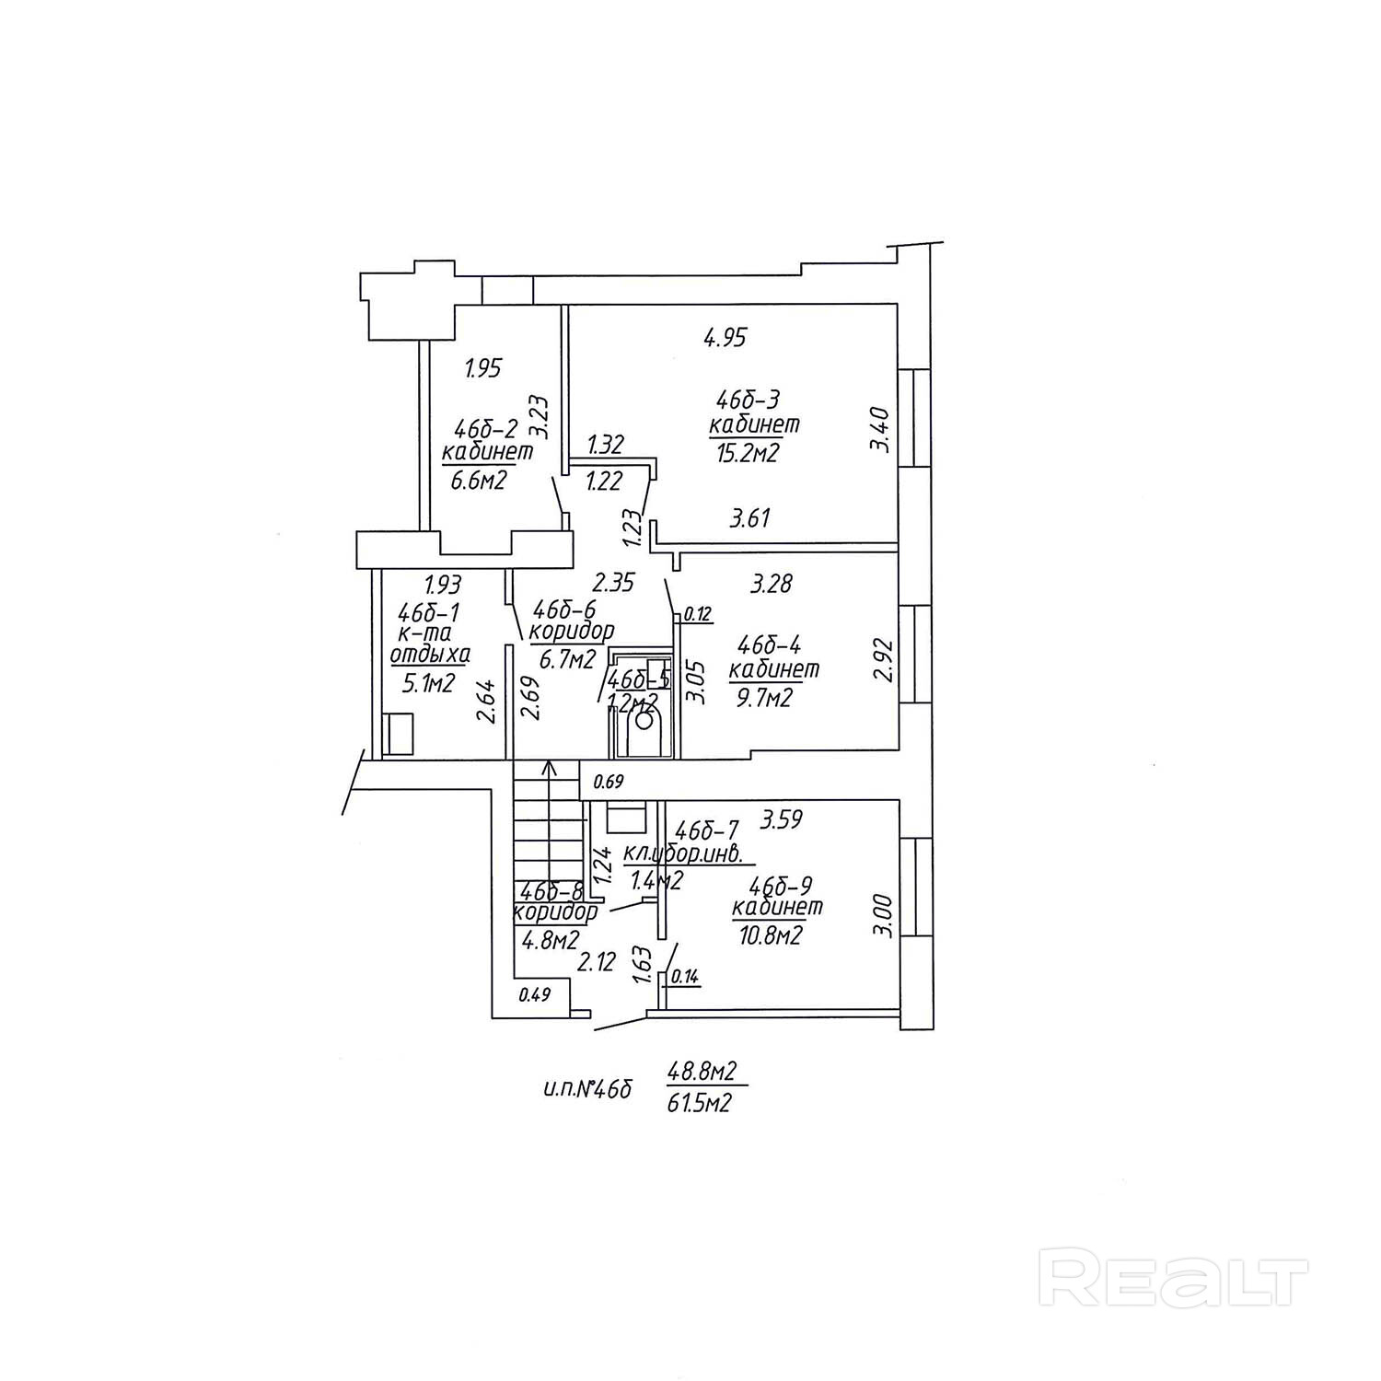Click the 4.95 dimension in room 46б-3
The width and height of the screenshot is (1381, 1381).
click(725, 338)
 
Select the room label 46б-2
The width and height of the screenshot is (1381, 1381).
click(486, 429)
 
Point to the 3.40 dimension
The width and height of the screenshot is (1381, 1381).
click(880, 430)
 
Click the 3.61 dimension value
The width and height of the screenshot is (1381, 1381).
click(749, 519)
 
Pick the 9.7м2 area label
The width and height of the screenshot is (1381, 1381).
click(761, 699)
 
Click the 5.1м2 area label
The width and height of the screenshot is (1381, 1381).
click(428, 683)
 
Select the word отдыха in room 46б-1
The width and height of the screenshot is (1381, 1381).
click(431, 655)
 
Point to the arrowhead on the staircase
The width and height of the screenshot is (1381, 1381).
click(550, 766)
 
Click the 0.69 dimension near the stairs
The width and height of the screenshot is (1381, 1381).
click(609, 783)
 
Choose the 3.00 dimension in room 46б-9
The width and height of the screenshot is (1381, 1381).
click(882, 915)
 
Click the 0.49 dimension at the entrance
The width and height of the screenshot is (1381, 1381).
click(535, 993)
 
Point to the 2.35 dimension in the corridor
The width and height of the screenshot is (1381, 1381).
click(613, 583)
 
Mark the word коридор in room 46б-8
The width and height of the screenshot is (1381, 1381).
click(555, 912)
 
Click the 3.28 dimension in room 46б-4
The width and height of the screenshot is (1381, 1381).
click(772, 584)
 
